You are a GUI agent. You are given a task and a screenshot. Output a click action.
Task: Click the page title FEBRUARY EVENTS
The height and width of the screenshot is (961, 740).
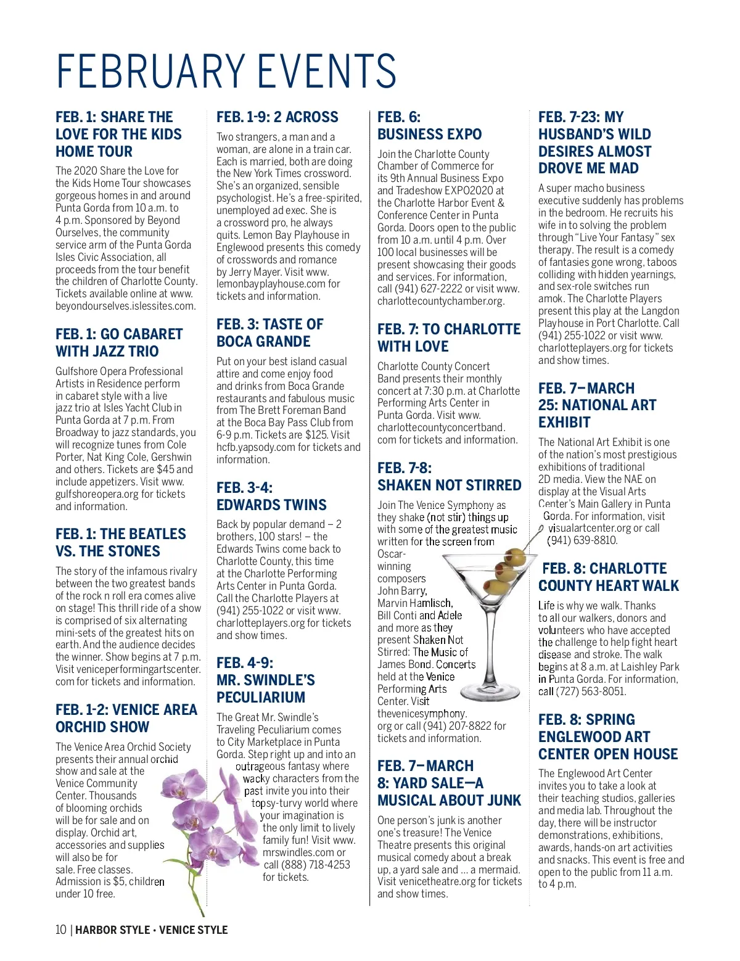point(226,71)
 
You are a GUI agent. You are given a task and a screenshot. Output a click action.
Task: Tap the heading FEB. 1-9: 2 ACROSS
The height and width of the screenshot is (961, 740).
point(277,117)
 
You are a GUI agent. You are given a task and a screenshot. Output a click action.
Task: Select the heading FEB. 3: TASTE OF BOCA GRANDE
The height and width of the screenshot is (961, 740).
point(269,333)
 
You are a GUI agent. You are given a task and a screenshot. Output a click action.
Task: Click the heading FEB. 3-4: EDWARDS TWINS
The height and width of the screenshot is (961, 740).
point(271,496)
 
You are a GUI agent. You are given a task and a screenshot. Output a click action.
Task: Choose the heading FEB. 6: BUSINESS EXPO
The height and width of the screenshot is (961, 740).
point(429,126)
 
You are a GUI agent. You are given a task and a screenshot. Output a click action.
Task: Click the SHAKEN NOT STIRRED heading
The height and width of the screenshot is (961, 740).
point(449,485)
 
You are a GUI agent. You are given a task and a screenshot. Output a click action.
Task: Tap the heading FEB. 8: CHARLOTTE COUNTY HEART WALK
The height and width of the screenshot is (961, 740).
point(608,577)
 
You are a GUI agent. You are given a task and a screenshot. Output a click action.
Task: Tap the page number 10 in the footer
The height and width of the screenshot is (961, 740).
point(60,930)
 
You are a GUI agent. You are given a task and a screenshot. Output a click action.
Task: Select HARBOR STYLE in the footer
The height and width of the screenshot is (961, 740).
point(112,930)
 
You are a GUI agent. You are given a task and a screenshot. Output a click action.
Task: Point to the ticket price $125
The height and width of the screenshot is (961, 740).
point(319,435)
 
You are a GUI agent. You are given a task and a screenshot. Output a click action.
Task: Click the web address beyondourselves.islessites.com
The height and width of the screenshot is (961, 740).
point(125,306)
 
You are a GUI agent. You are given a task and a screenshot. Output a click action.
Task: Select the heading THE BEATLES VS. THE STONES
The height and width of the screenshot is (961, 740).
point(120,543)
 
